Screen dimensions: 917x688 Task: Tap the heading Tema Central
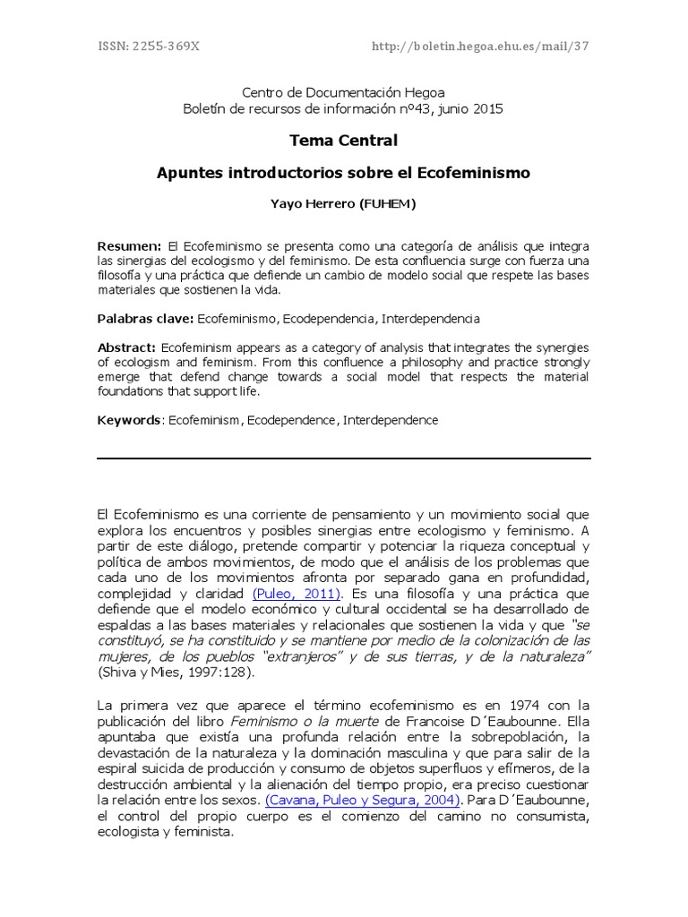point(343,141)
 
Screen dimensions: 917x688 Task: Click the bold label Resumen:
point(129,246)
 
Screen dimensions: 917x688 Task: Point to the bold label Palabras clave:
point(145,319)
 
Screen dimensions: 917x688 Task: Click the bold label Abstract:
point(127,347)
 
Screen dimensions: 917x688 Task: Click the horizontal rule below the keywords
point(343,458)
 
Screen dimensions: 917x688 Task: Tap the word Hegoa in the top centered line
point(425,92)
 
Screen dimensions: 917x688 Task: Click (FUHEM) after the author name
point(387,204)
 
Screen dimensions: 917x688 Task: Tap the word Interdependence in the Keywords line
point(391,420)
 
